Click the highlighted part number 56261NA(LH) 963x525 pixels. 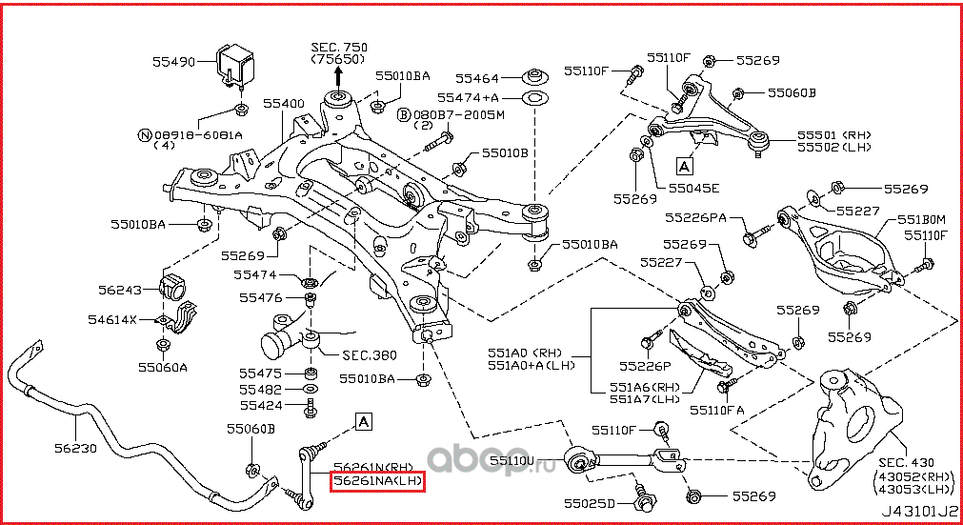point(376,482)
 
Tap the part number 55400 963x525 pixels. point(284,103)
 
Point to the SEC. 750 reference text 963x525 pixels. point(339,47)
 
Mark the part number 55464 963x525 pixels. point(477,77)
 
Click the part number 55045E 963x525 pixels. point(693,188)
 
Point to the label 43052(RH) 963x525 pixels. point(913,476)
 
